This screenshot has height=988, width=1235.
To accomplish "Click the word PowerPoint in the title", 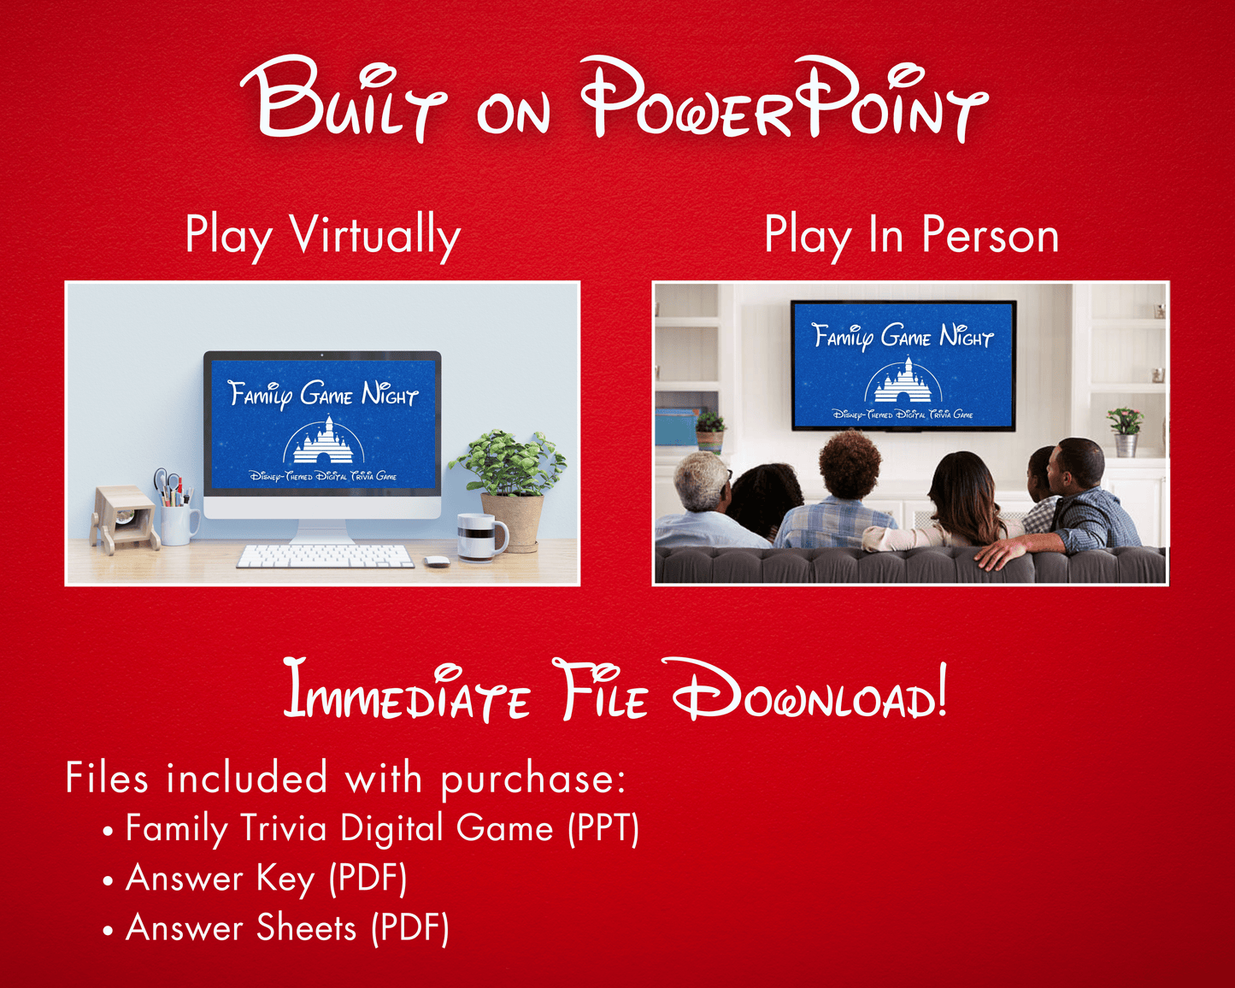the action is point(783,99).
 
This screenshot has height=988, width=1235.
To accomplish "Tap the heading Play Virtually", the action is point(323,236).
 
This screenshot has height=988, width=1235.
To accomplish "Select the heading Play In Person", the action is point(911,234).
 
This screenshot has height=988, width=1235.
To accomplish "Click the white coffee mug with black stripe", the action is point(481,538).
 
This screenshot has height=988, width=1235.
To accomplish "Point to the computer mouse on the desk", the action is point(437,562).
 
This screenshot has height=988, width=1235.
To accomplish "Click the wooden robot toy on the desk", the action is point(125,519).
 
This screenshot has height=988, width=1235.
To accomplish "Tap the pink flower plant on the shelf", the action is point(1125,431).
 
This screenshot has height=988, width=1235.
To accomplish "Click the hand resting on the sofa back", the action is point(997,552).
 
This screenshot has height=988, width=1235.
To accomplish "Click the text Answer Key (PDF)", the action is point(267,878).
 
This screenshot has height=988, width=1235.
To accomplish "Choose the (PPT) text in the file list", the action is point(603,828).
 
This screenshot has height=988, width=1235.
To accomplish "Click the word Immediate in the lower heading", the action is point(406,691).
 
